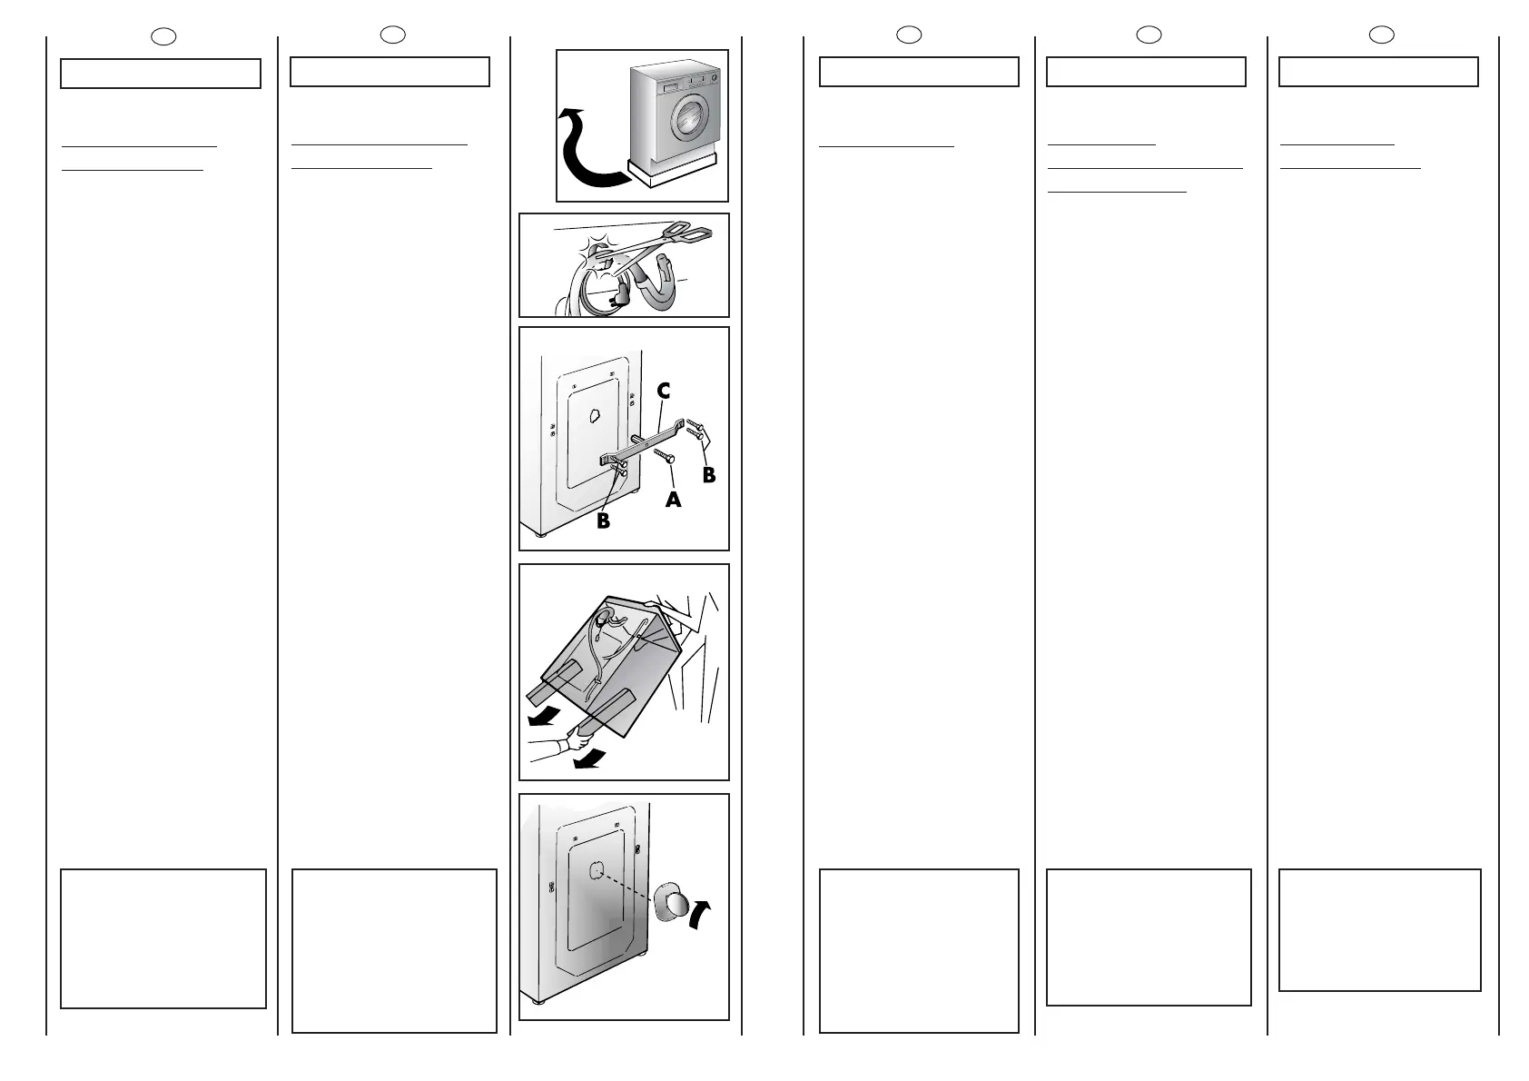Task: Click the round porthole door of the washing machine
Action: pyautogui.click(x=686, y=115)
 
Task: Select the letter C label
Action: pyautogui.click(x=664, y=392)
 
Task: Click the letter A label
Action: pyautogui.click(x=673, y=499)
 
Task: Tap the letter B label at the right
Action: pyautogui.click(x=709, y=474)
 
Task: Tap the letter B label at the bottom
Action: pyautogui.click(x=603, y=521)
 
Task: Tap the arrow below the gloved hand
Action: pyautogui.click(x=589, y=757)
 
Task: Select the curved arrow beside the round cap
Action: pyautogui.click(x=698, y=912)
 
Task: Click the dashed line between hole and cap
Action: pyautogui.click(x=627, y=886)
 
